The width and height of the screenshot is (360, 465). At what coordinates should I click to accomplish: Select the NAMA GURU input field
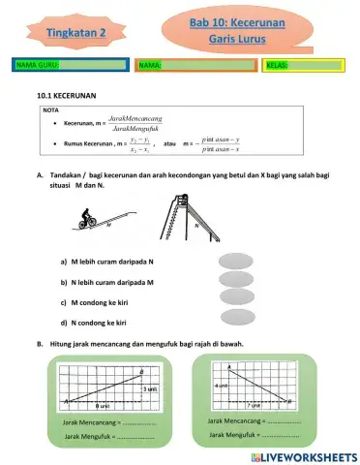93,65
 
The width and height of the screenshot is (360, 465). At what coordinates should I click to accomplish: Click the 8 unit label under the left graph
101,406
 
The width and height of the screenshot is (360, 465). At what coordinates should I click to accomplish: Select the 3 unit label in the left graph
149,388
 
